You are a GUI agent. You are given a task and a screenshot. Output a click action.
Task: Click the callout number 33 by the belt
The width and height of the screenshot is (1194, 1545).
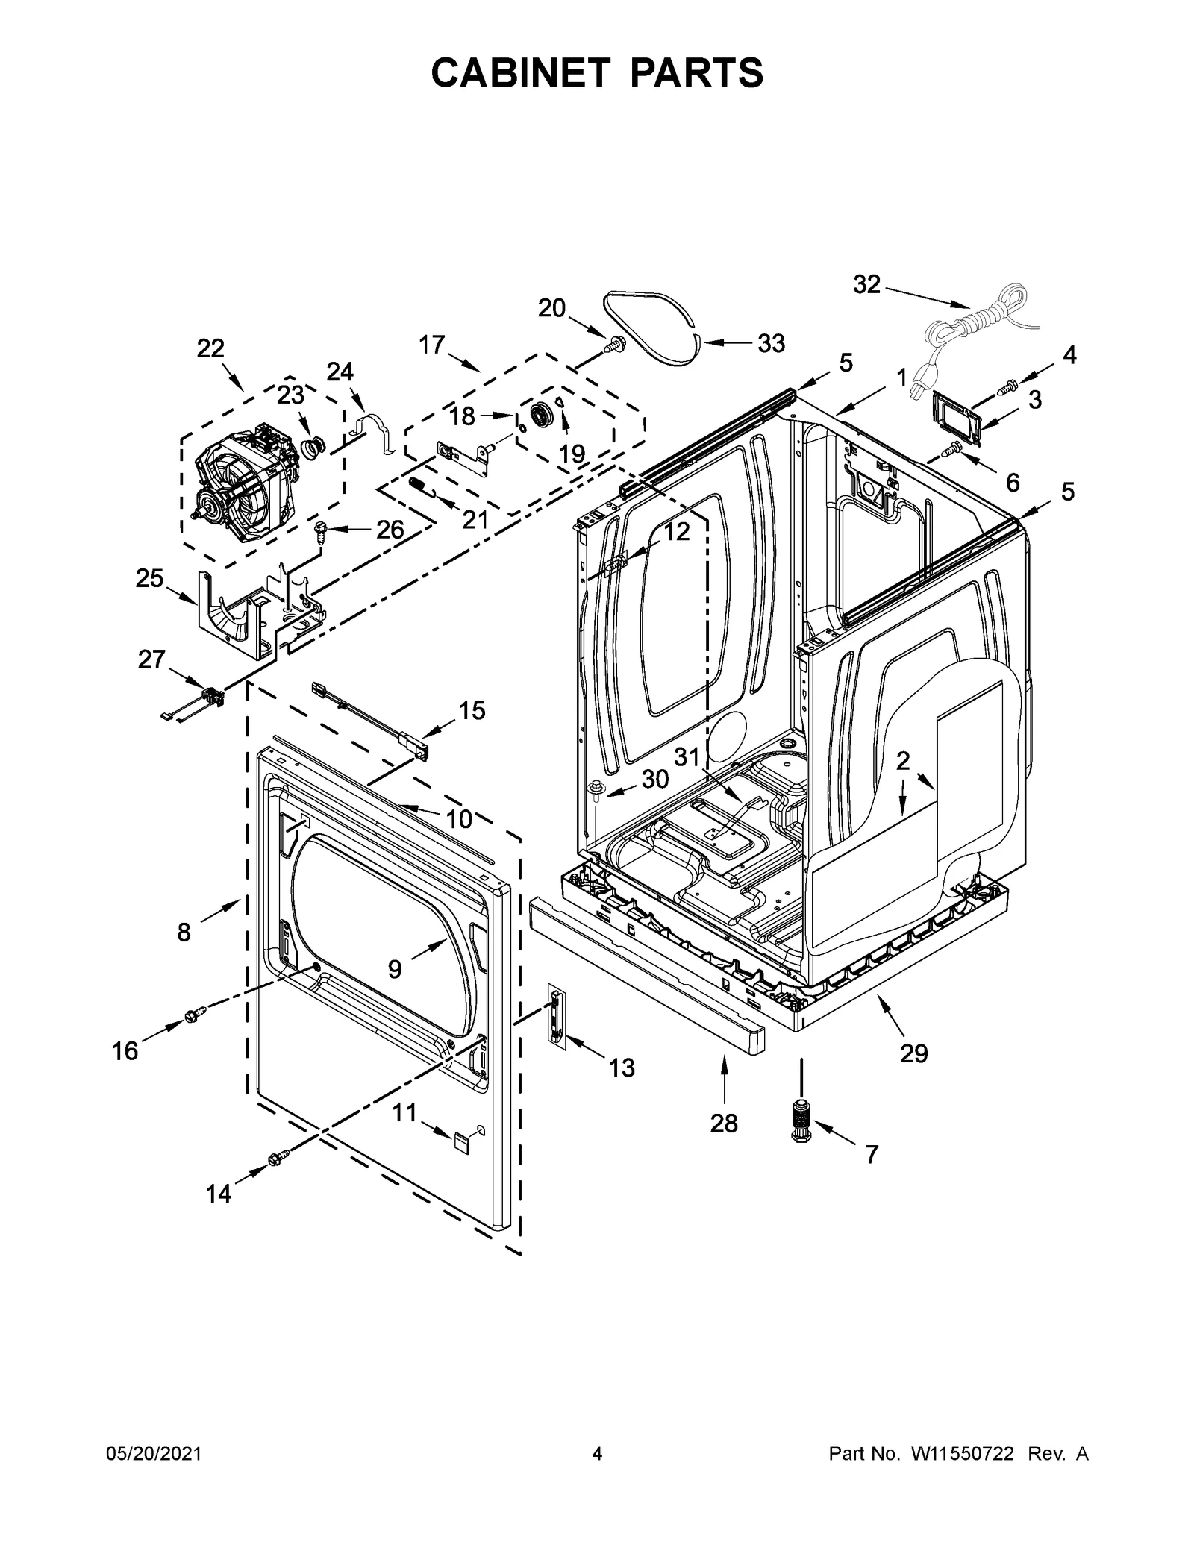(x=771, y=343)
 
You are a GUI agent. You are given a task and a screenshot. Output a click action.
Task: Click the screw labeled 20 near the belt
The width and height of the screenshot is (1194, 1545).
(x=616, y=345)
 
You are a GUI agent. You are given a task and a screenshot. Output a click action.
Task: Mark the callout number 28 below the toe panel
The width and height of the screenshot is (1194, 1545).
(x=723, y=1122)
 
